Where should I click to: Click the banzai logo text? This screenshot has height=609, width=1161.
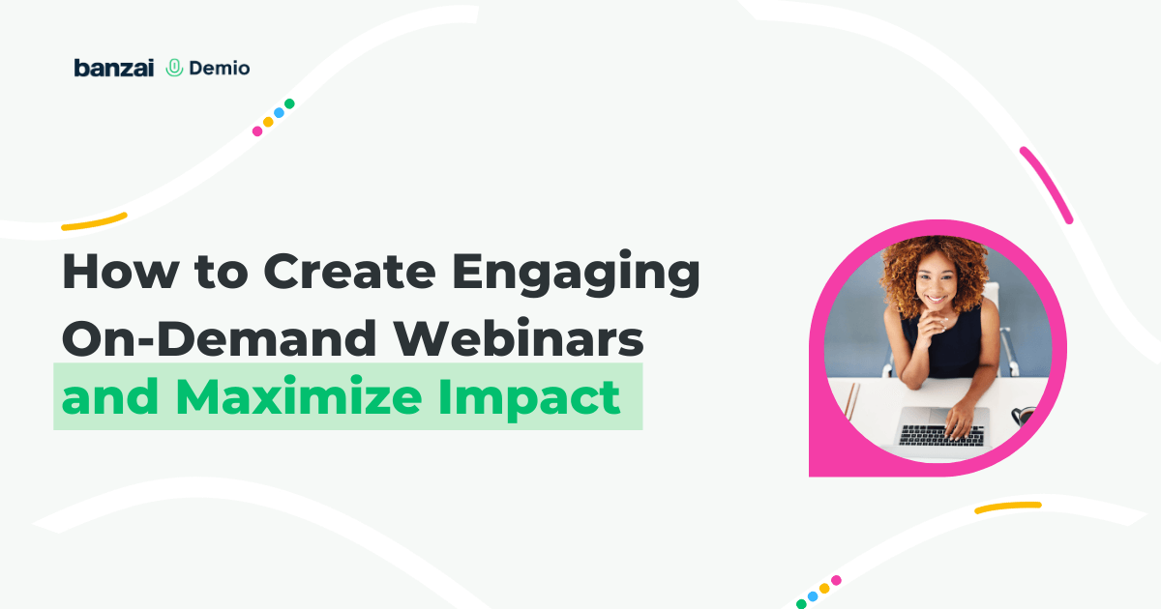point(114,68)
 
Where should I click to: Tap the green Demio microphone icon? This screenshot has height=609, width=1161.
point(175,68)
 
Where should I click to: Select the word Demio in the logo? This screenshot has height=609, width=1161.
point(220,68)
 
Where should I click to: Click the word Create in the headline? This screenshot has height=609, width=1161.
point(350,272)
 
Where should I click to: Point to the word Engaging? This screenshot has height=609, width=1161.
point(577,275)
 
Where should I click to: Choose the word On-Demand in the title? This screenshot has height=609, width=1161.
point(219,338)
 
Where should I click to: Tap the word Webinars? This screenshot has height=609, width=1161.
point(519,338)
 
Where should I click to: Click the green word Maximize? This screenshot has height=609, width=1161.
point(299,396)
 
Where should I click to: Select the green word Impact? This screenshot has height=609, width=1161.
point(529,397)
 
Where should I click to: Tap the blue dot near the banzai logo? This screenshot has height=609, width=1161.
point(279,112)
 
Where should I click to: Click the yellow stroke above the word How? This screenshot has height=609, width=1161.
point(95,221)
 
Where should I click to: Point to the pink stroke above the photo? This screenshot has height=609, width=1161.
point(1047,185)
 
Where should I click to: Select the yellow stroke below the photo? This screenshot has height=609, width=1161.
point(1008,507)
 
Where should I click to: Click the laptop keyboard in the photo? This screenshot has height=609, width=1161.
point(941,436)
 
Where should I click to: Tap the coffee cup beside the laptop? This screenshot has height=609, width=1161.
point(1023,416)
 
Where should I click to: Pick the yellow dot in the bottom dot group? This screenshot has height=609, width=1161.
point(824,589)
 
